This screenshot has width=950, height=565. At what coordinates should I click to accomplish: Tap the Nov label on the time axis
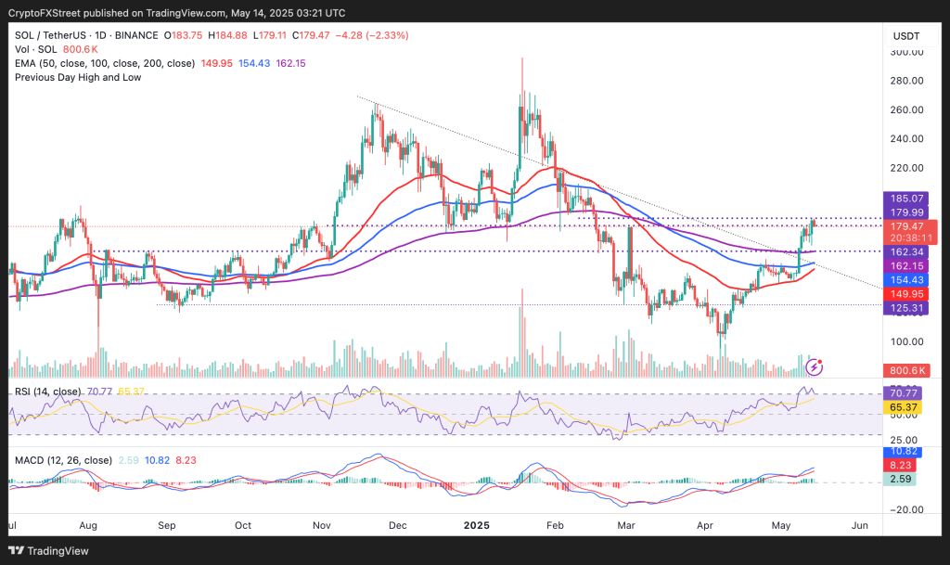tap(321, 524)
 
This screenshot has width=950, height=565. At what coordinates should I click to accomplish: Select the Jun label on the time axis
tap(860, 524)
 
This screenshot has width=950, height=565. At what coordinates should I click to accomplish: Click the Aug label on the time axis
tap(90, 524)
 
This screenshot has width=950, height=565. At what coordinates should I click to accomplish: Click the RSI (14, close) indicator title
tap(47, 392)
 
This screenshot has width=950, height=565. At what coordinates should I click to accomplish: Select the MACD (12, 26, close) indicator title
tap(64, 460)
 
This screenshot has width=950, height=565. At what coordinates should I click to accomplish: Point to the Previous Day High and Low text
tap(78, 77)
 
